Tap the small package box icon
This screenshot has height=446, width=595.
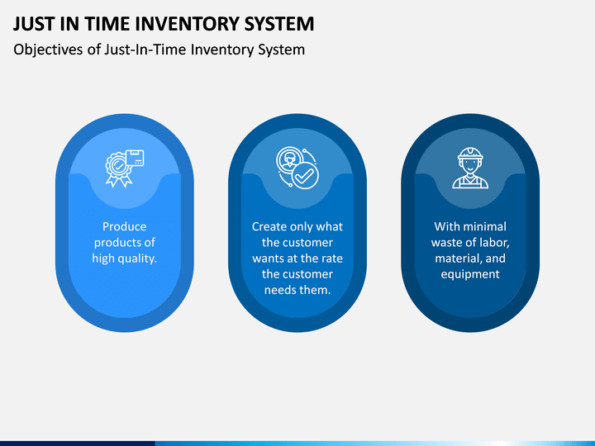point(135,157)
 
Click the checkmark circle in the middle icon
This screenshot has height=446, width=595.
point(304,175)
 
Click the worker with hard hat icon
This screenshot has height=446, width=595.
point(469,168)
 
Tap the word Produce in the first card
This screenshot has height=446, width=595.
point(124,226)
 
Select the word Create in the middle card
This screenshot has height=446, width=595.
point(269,226)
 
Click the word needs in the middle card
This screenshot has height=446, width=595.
point(280,290)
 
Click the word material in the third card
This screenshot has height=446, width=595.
point(458,259)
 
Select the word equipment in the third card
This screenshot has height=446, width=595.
point(469,274)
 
